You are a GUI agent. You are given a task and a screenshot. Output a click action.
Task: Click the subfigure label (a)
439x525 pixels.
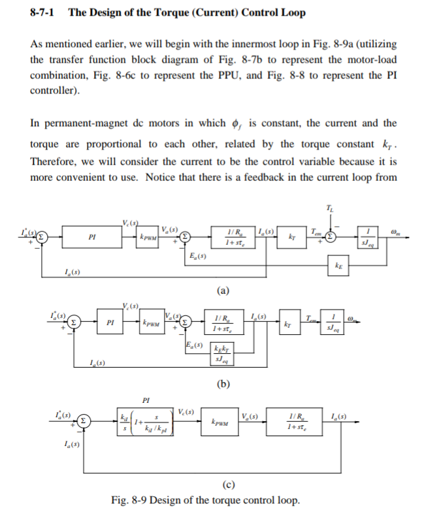coord(224,289)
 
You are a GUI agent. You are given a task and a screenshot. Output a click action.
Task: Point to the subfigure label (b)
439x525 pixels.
coord(224,383)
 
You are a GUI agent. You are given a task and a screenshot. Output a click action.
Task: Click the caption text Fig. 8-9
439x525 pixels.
coord(128,501)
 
